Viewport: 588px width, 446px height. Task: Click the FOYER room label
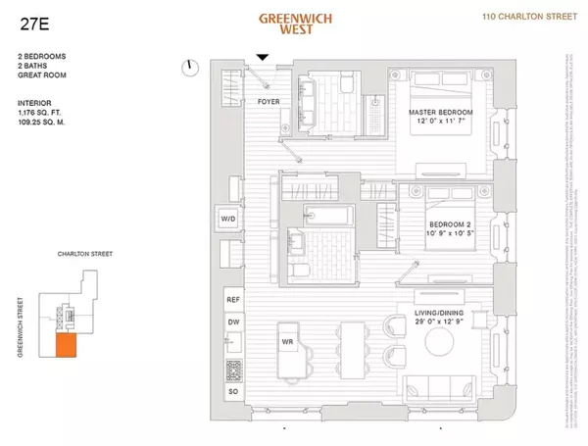[269, 101]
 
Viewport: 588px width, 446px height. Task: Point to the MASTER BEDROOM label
[440, 113]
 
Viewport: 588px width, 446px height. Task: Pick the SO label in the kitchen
[232, 391]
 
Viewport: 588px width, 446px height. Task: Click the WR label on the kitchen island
[288, 342]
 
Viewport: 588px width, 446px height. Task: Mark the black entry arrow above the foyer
[262, 59]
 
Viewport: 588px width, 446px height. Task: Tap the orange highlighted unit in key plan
[66, 345]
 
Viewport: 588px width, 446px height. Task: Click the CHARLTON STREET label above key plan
[84, 253]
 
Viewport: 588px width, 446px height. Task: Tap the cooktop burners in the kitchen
[233, 369]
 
